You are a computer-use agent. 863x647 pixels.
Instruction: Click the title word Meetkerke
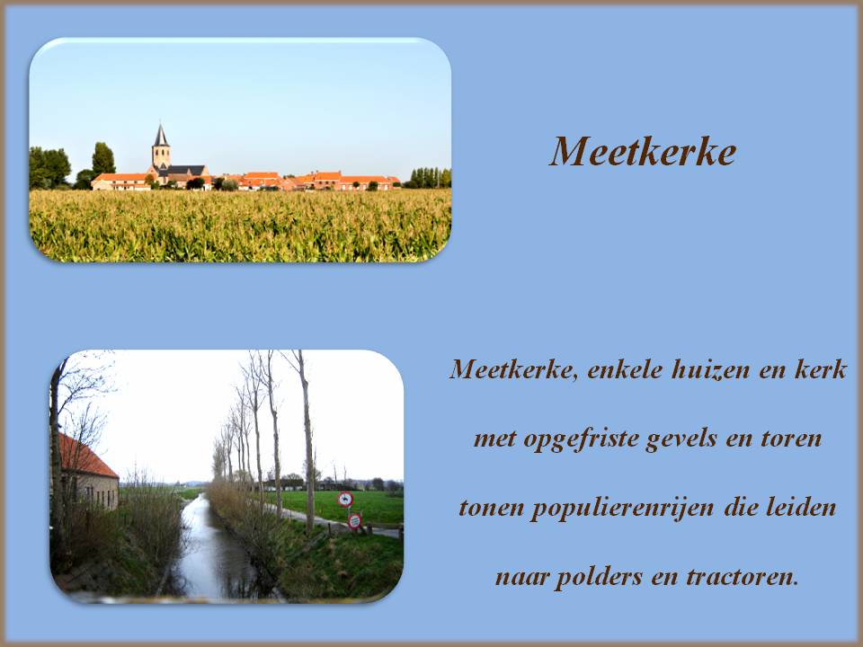[x=643, y=152]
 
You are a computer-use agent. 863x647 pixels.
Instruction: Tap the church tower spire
[x=161, y=137]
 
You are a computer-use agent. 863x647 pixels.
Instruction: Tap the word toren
[x=792, y=439]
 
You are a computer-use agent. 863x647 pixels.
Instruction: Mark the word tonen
[x=490, y=509]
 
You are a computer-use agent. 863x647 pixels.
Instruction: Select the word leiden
[x=804, y=509]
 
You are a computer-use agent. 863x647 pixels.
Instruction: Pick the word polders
[x=597, y=577]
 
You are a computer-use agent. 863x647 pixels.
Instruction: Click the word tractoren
[x=742, y=577]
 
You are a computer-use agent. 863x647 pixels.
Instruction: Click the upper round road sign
[x=345, y=500]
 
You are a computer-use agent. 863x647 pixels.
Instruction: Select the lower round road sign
[x=354, y=520]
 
